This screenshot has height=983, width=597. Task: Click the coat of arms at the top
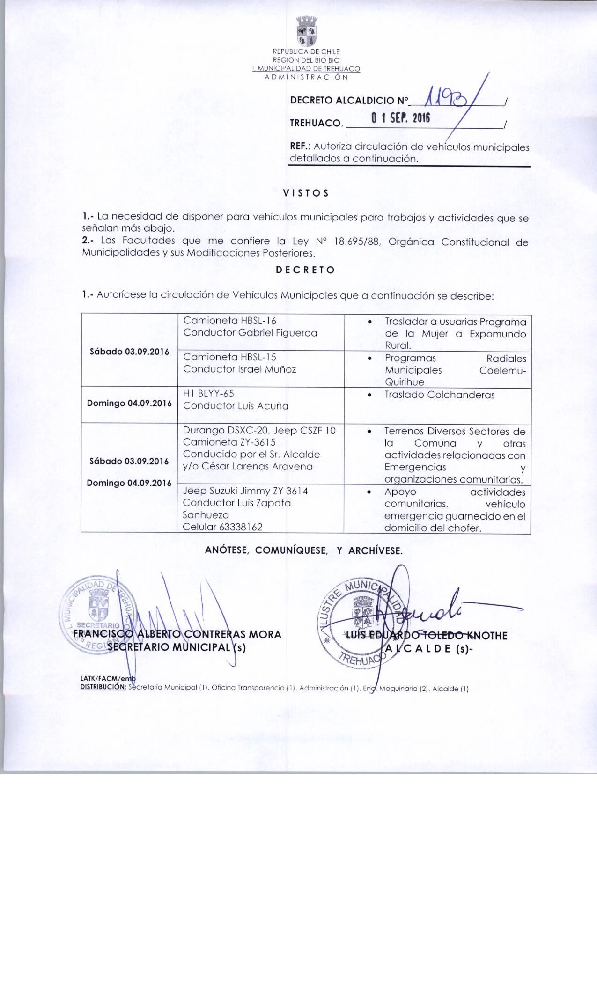pos(307,31)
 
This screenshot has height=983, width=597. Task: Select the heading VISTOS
pos(306,193)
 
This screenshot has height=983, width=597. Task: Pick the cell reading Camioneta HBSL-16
pos(230,321)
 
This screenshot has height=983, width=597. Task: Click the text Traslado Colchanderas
pos(440,395)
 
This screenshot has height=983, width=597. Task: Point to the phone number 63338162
pos(236,527)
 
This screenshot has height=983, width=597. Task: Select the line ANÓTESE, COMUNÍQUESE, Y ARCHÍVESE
pos(304,550)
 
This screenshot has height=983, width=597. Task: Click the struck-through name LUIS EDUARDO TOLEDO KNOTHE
pos(426,635)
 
